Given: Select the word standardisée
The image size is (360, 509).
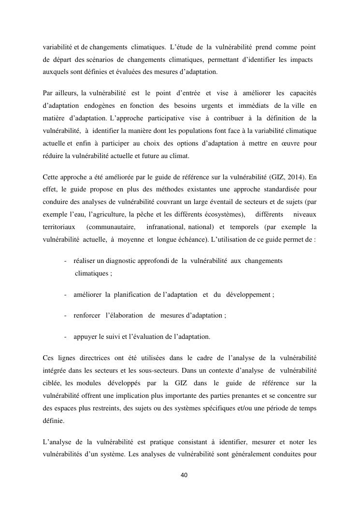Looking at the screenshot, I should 261,189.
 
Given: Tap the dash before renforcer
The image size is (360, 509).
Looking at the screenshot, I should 65,315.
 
